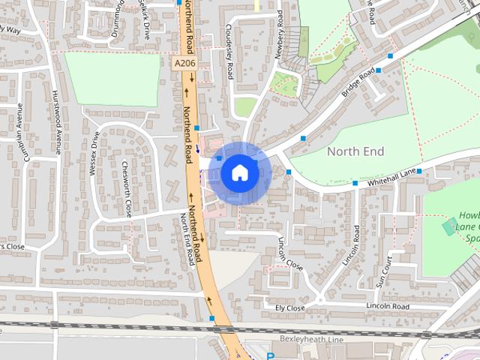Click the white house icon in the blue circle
coord(239,172)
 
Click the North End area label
coord(355,151)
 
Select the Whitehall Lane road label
coord(389,178)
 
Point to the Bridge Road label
coord(358,84)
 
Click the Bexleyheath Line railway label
coord(310,339)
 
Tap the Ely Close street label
coord(289,308)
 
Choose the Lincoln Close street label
coord(291,255)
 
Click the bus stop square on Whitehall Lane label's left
coord(355,182)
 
